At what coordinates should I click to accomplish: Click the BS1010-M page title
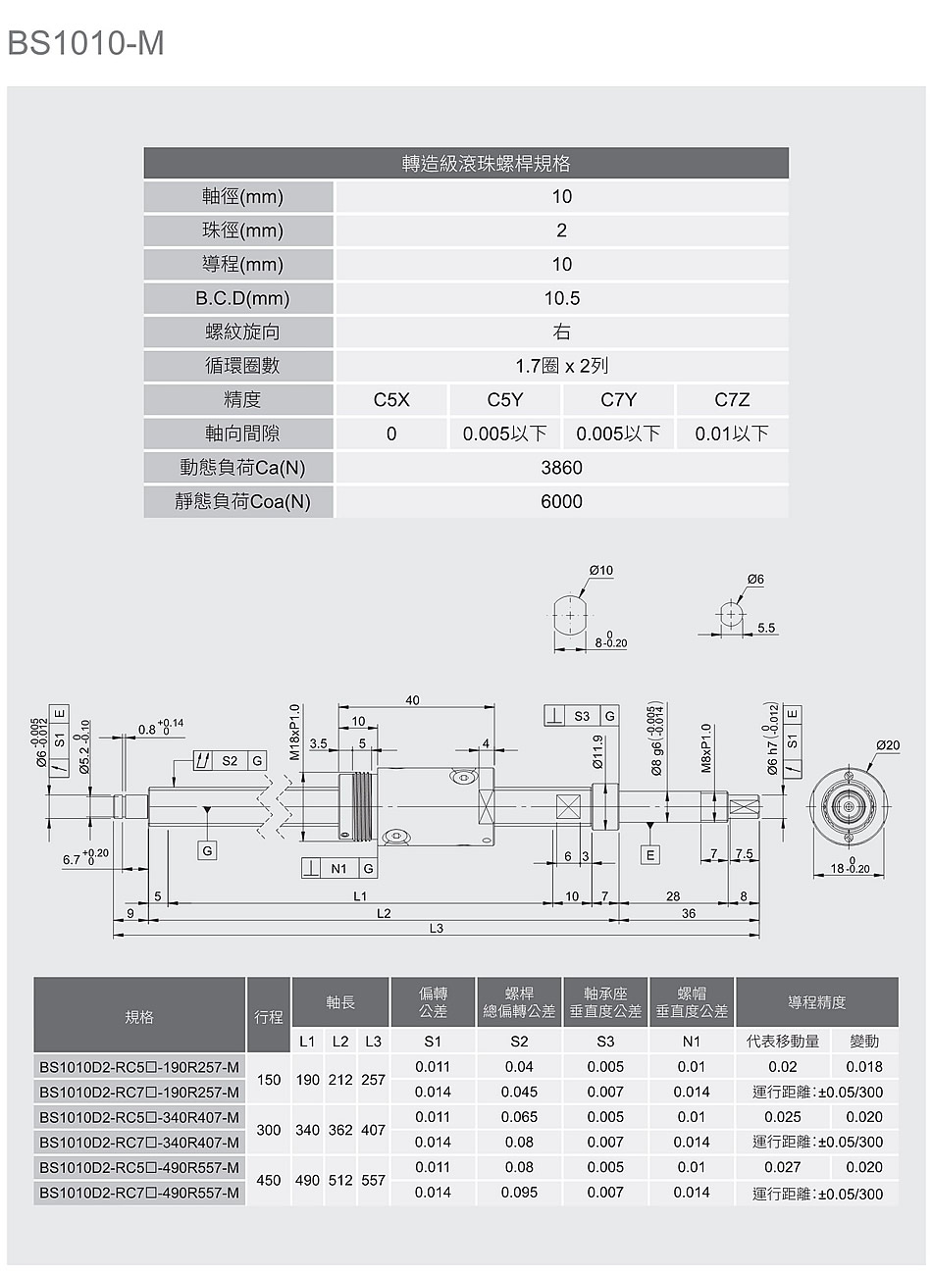click(x=86, y=43)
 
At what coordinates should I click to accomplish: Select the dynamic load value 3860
click(x=561, y=468)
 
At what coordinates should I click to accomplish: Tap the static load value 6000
click(x=561, y=501)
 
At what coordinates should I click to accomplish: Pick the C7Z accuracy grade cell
click(x=732, y=400)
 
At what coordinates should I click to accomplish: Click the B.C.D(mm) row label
click(x=242, y=298)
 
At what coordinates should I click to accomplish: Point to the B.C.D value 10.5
click(x=561, y=298)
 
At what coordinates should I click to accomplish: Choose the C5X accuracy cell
click(x=391, y=400)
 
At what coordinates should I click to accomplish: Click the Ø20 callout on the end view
click(x=888, y=745)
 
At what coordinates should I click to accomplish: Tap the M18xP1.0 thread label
click(x=294, y=732)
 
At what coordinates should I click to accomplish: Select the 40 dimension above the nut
click(x=412, y=700)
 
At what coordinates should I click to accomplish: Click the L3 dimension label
click(x=436, y=928)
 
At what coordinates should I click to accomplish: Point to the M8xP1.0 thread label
click(x=706, y=748)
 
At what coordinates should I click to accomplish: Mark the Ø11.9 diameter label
click(x=596, y=752)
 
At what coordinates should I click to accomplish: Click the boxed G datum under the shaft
click(x=207, y=851)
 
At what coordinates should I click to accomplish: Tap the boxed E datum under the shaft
click(x=650, y=855)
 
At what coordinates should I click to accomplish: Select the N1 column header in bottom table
click(x=692, y=1042)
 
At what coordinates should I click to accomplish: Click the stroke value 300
click(x=269, y=1130)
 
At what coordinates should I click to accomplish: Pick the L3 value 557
click(x=373, y=1180)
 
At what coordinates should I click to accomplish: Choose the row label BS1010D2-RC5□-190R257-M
click(x=139, y=1067)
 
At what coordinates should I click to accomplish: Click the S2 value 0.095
click(x=519, y=1192)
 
